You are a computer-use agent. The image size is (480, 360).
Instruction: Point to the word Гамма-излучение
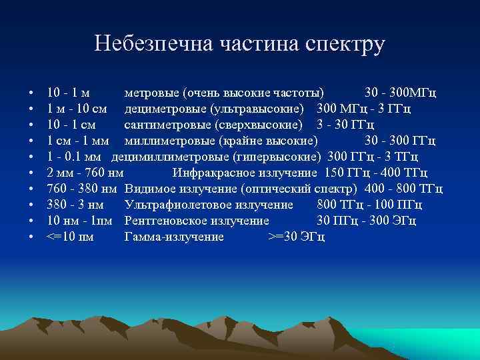(x=174, y=237)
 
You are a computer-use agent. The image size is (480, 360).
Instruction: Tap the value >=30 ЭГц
(x=296, y=237)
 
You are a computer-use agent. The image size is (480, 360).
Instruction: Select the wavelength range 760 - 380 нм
(x=83, y=189)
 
